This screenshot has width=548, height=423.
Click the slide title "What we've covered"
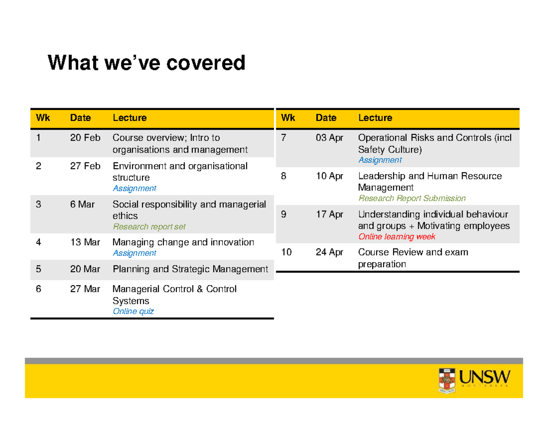click(x=147, y=63)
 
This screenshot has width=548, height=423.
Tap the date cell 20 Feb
click(x=85, y=137)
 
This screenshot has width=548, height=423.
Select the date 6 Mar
click(x=83, y=204)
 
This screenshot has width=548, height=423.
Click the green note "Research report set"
click(x=149, y=226)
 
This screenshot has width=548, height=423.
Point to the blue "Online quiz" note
click(x=133, y=311)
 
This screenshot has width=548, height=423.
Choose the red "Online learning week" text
click(x=397, y=237)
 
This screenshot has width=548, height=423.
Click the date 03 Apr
click(x=329, y=137)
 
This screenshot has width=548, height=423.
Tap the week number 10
click(x=286, y=252)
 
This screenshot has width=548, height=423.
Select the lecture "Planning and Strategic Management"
click(x=190, y=269)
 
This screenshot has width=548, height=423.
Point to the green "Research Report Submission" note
click(x=412, y=198)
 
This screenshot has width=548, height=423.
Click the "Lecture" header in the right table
click(x=375, y=118)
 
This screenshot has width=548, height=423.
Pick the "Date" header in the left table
click(x=80, y=118)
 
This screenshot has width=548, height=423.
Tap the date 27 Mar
click(x=85, y=289)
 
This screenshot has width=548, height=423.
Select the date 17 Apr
click(x=329, y=214)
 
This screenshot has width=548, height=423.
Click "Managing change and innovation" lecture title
click(x=183, y=242)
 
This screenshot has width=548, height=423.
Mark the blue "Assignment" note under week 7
click(x=380, y=160)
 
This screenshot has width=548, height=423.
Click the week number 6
click(x=39, y=289)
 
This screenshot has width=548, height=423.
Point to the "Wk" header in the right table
click(x=288, y=118)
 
